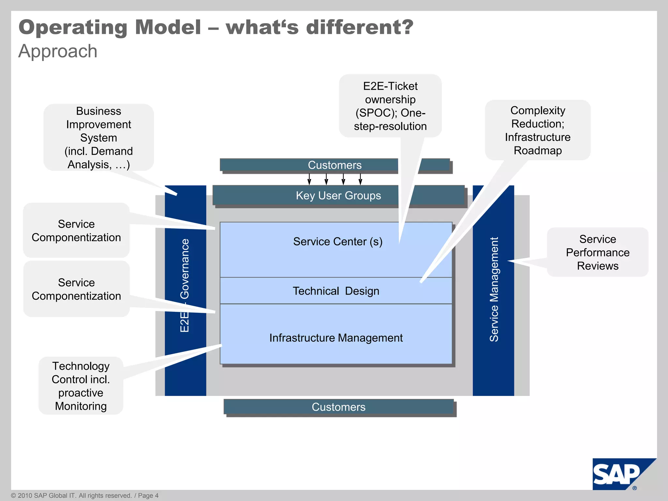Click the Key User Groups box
[338, 195]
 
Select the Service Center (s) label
[338, 242]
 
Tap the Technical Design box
[336, 291]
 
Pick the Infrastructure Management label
[336, 338]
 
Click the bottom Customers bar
[339, 407]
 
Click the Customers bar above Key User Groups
[335, 165]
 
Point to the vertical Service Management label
[494, 289]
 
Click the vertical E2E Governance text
[185, 285]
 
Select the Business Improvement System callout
[99, 138]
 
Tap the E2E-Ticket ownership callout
[390, 106]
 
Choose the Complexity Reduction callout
[538, 130]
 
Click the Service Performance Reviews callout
[598, 252]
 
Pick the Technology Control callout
[81, 386]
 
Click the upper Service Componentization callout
[76, 231]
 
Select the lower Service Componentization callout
[76, 289]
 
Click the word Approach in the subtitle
[58, 52]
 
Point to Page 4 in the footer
[148, 495]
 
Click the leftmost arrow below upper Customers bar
[309, 179]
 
